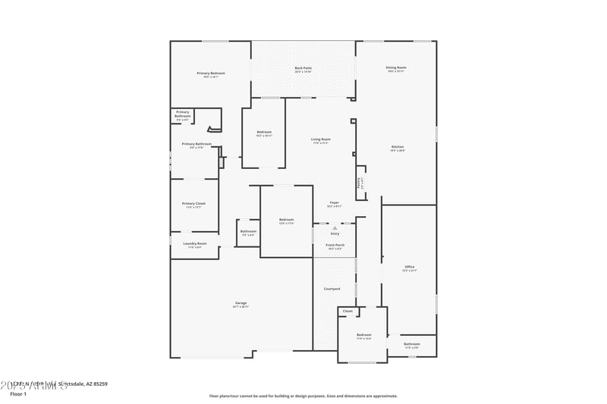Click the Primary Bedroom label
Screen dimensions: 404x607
[x=211, y=74]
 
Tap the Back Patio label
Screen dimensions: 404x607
[x=303, y=68]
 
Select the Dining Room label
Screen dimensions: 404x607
[x=396, y=68]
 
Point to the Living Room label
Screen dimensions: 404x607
[x=320, y=139]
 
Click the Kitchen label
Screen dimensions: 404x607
[x=398, y=147]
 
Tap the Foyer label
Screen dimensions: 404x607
[x=334, y=203]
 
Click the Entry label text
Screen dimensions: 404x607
[x=335, y=233]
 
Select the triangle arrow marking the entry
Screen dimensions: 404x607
[x=335, y=227]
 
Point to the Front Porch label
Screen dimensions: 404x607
[x=335, y=246]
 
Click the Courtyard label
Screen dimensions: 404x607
[x=332, y=289]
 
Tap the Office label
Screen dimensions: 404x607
[x=409, y=267]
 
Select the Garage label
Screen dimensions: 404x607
[x=241, y=304]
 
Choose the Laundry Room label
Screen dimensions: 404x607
[x=195, y=244]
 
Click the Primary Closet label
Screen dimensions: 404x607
[x=194, y=204]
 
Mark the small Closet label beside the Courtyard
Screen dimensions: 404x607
[x=348, y=311]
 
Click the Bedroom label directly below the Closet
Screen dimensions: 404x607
[x=364, y=335]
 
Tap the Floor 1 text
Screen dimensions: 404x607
[x=18, y=394]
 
